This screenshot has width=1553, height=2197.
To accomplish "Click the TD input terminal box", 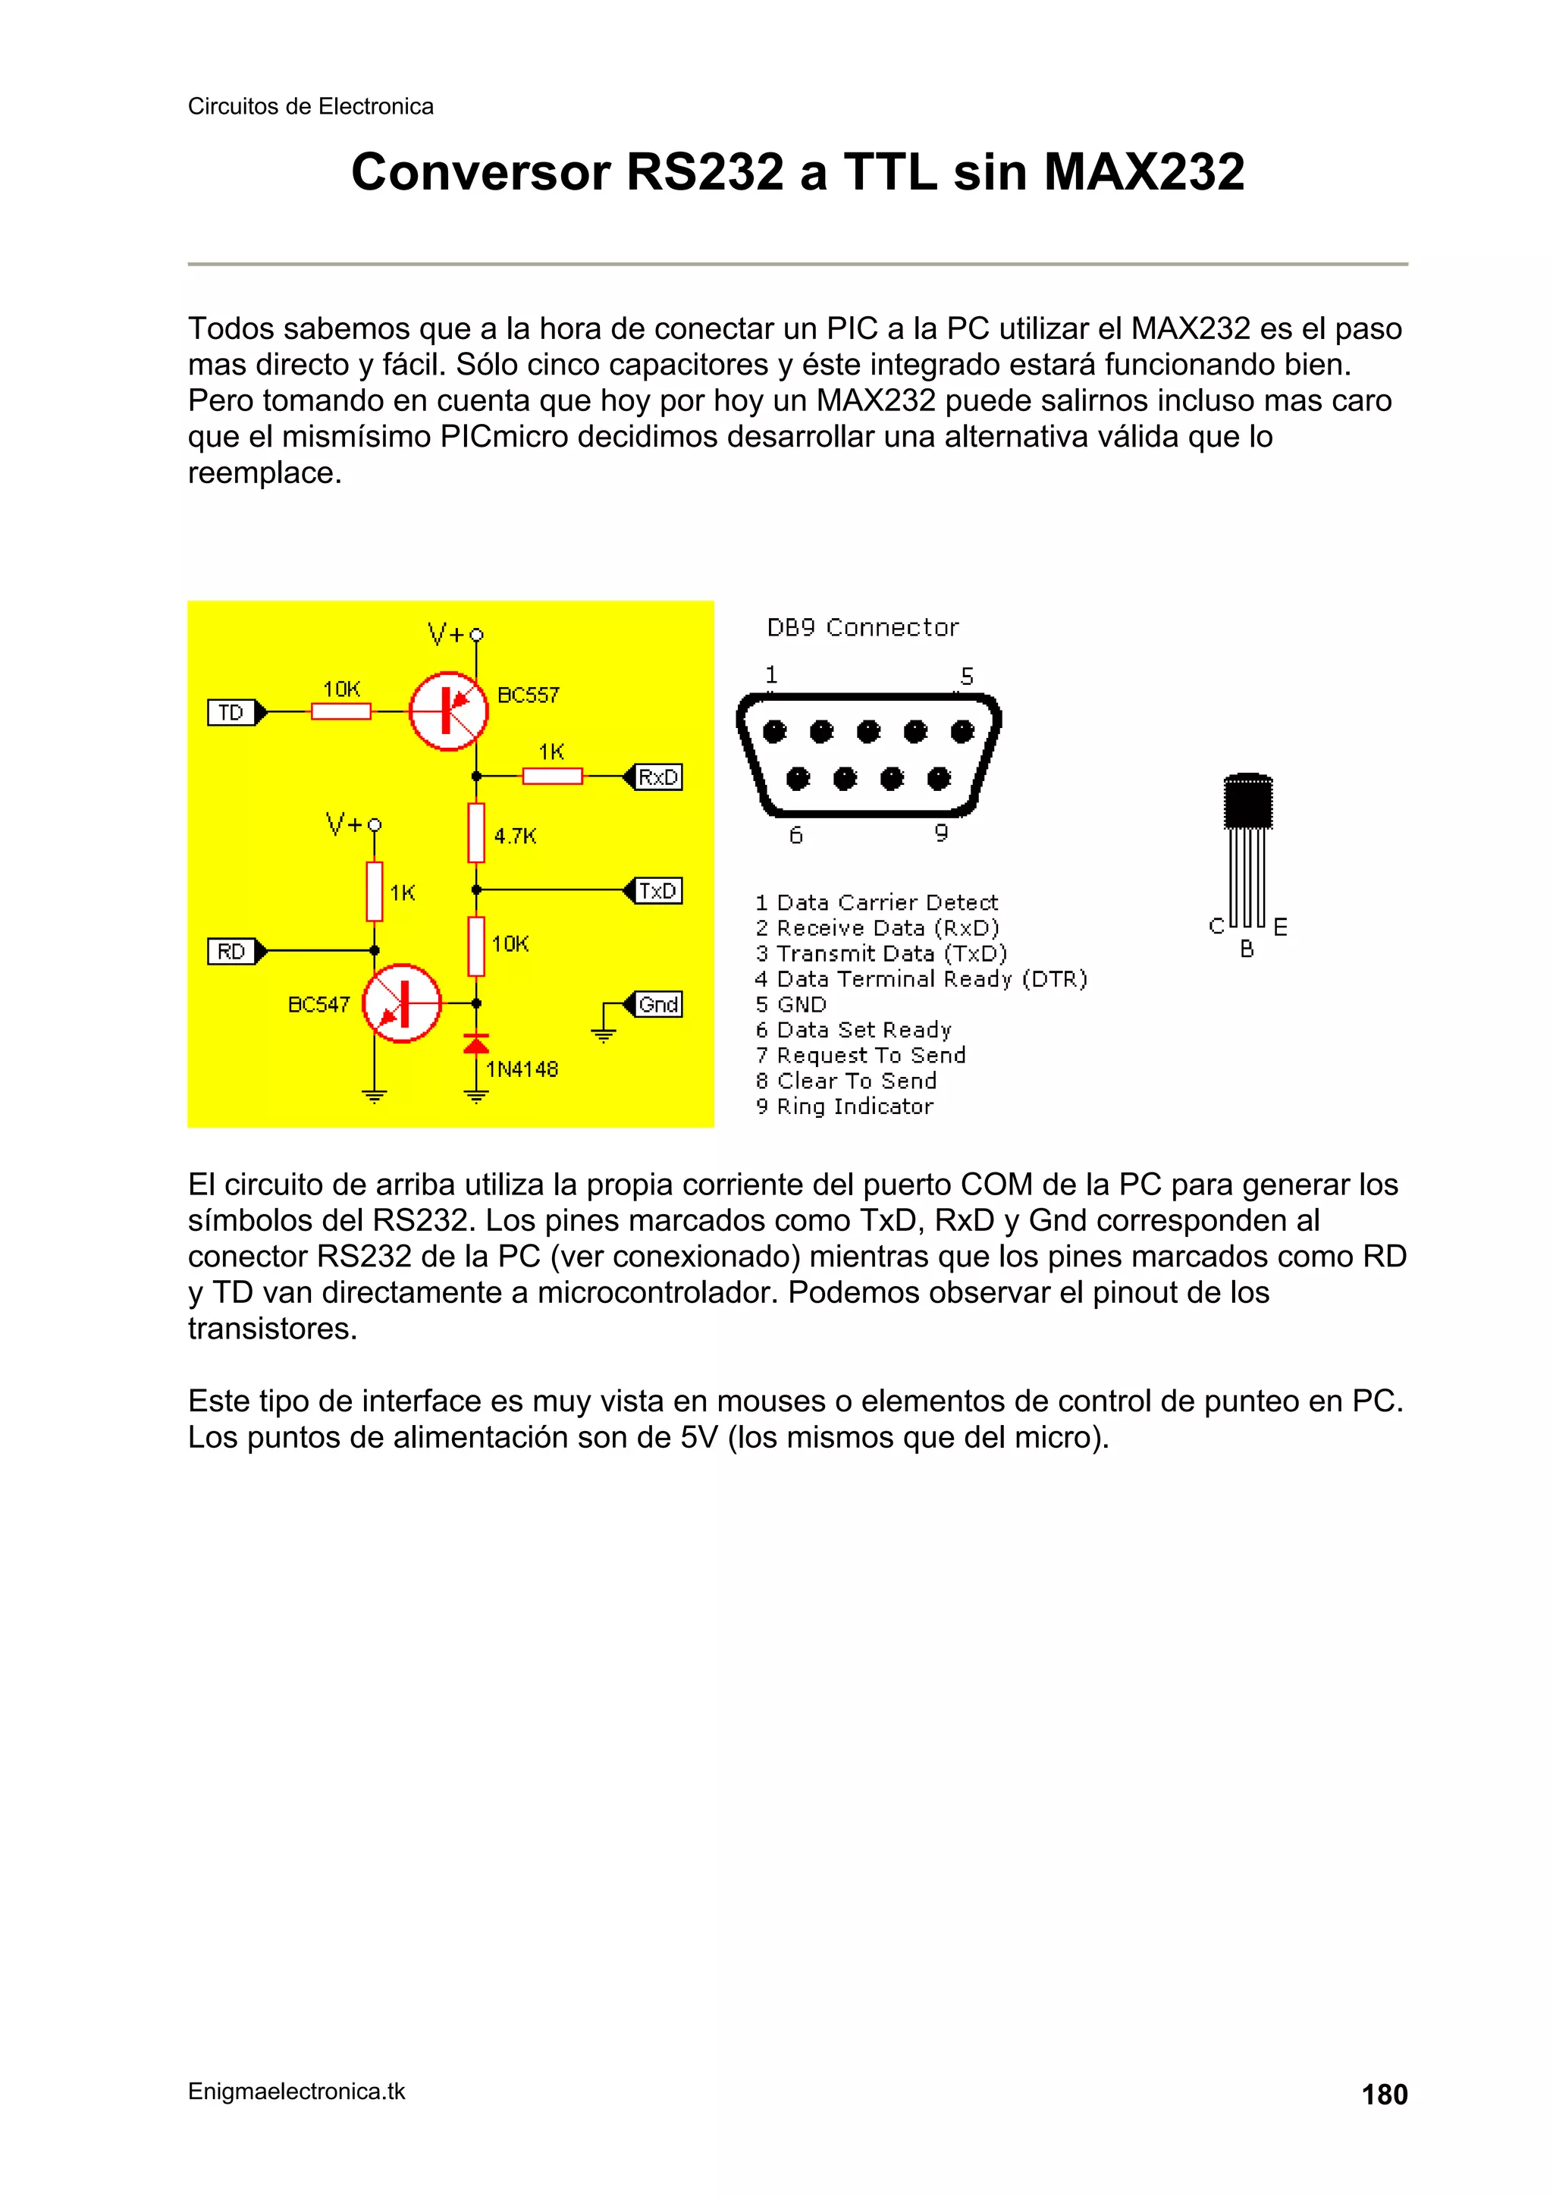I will click(231, 713).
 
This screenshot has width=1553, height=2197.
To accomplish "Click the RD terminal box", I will click(231, 951).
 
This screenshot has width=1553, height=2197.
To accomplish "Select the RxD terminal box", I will click(658, 777).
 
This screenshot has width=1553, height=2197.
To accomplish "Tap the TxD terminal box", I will click(658, 891).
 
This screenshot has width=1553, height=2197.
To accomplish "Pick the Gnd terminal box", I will click(658, 1005).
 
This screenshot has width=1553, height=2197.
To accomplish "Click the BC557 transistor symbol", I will click(448, 711).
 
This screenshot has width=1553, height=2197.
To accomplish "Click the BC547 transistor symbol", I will click(402, 1003).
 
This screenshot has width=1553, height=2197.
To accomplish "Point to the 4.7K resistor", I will click(476, 833).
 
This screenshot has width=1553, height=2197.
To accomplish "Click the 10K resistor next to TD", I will click(340, 711).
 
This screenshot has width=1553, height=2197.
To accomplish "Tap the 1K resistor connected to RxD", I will click(552, 776).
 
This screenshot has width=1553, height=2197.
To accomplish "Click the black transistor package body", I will click(1247, 802).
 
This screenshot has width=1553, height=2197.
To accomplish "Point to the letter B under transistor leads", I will click(1247, 949).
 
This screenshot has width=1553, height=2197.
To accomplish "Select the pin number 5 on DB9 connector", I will click(966, 676).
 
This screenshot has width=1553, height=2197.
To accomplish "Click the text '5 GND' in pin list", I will click(790, 1005).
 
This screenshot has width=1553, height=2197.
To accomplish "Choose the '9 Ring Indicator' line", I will click(844, 1106).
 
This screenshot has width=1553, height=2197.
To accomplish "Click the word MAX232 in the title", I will click(1144, 172).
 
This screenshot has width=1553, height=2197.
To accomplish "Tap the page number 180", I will click(1384, 2095).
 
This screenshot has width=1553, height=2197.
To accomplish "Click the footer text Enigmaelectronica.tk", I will click(296, 2092).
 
